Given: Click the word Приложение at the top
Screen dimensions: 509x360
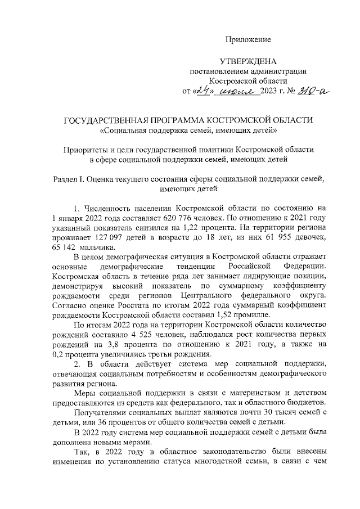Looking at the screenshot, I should point(248,39).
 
